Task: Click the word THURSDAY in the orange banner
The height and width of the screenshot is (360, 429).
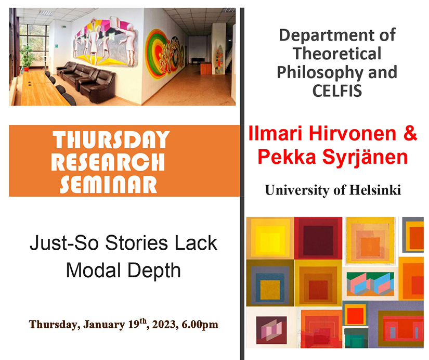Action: coord(111,139)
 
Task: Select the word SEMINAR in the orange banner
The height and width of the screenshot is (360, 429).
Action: coord(108,184)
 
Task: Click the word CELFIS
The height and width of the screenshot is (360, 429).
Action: coord(337,91)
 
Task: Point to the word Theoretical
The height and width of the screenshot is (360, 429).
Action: coord(337,54)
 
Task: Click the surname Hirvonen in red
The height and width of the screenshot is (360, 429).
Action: coord(353,134)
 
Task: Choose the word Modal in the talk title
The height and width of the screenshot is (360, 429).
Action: coord(93,270)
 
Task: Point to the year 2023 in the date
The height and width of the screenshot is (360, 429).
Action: coord(164,325)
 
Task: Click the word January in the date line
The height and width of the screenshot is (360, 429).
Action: coord(104,325)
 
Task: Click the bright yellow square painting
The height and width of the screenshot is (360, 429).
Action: coord(270,238)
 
